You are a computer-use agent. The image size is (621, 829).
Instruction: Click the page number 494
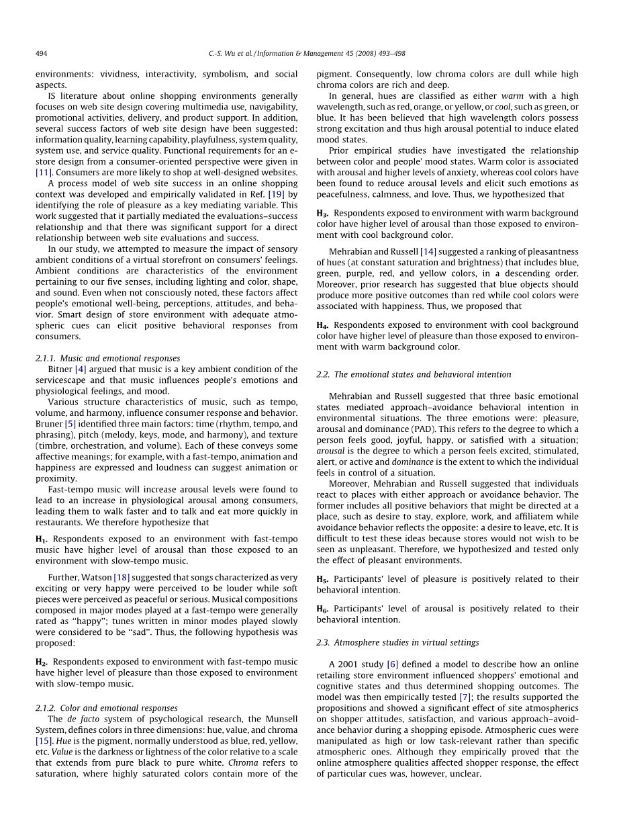pyautogui.click(x=41, y=54)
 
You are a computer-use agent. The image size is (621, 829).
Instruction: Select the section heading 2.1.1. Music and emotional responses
pyautogui.click(x=107, y=358)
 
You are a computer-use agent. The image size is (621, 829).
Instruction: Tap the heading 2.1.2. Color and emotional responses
pyautogui.click(x=106, y=708)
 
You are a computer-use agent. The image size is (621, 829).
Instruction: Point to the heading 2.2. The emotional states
pyautogui.click(x=414, y=374)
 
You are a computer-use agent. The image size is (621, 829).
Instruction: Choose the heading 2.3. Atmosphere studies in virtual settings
pyautogui.click(x=397, y=642)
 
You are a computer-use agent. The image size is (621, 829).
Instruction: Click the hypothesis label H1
pyautogui.click(x=41, y=539)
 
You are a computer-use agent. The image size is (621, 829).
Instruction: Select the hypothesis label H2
pyautogui.click(x=41, y=662)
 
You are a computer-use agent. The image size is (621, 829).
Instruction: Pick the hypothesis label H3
pyautogui.click(x=322, y=214)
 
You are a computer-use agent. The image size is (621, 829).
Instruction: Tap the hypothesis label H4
pyautogui.click(x=322, y=325)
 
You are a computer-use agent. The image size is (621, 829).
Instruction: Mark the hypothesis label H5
pyautogui.click(x=322, y=579)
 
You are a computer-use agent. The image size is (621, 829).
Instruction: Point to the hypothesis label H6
pyautogui.click(x=322, y=609)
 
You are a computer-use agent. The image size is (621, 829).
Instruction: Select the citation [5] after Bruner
pyautogui.click(x=70, y=424)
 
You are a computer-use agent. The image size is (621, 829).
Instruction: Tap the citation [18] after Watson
pyautogui.click(x=122, y=578)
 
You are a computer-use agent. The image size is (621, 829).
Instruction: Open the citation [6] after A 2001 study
pyautogui.click(x=392, y=664)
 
